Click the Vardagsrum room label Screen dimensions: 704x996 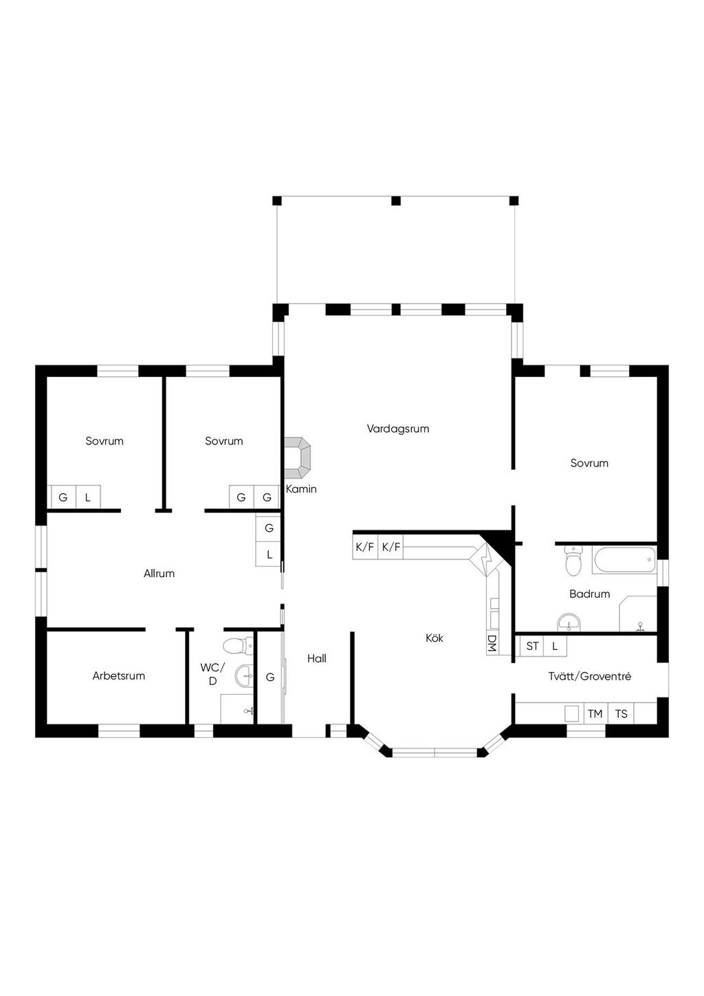(x=398, y=429)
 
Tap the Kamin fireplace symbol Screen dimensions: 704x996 (x=297, y=458)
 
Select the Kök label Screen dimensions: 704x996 (x=434, y=638)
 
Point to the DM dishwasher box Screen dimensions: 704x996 (x=492, y=643)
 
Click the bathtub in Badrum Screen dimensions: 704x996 (x=624, y=560)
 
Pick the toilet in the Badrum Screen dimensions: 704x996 (x=573, y=561)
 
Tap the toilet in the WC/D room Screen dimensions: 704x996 (x=239, y=646)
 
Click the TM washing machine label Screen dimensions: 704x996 (x=595, y=714)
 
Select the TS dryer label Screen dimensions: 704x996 (x=621, y=714)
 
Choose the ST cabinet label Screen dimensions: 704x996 (x=532, y=646)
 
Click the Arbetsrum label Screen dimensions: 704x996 (x=119, y=676)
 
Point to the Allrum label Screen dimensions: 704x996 (x=159, y=573)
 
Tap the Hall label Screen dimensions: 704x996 (x=316, y=658)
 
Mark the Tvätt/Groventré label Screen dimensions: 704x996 (x=589, y=676)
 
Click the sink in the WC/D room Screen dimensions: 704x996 (x=244, y=676)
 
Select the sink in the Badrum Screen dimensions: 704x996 (x=569, y=622)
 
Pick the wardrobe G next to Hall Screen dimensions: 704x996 (x=270, y=678)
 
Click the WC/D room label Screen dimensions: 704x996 (x=213, y=673)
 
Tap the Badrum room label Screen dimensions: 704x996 (x=589, y=594)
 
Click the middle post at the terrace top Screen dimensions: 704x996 (x=396, y=201)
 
